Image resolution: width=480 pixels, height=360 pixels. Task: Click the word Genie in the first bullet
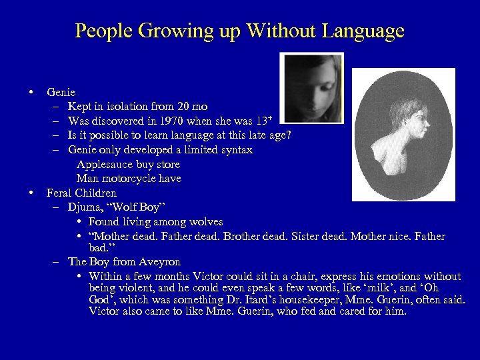pyautogui.click(x=61, y=92)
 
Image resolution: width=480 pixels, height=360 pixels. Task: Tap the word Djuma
pyautogui.click(x=85, y=207)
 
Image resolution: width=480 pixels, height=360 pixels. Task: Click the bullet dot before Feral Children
pyautogui.click(x=31, y=193)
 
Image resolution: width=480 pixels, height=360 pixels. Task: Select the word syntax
pyautogui.click(x=233, y=150)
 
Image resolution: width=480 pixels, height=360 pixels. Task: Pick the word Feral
pyautogui.click(x=61, y=193)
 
